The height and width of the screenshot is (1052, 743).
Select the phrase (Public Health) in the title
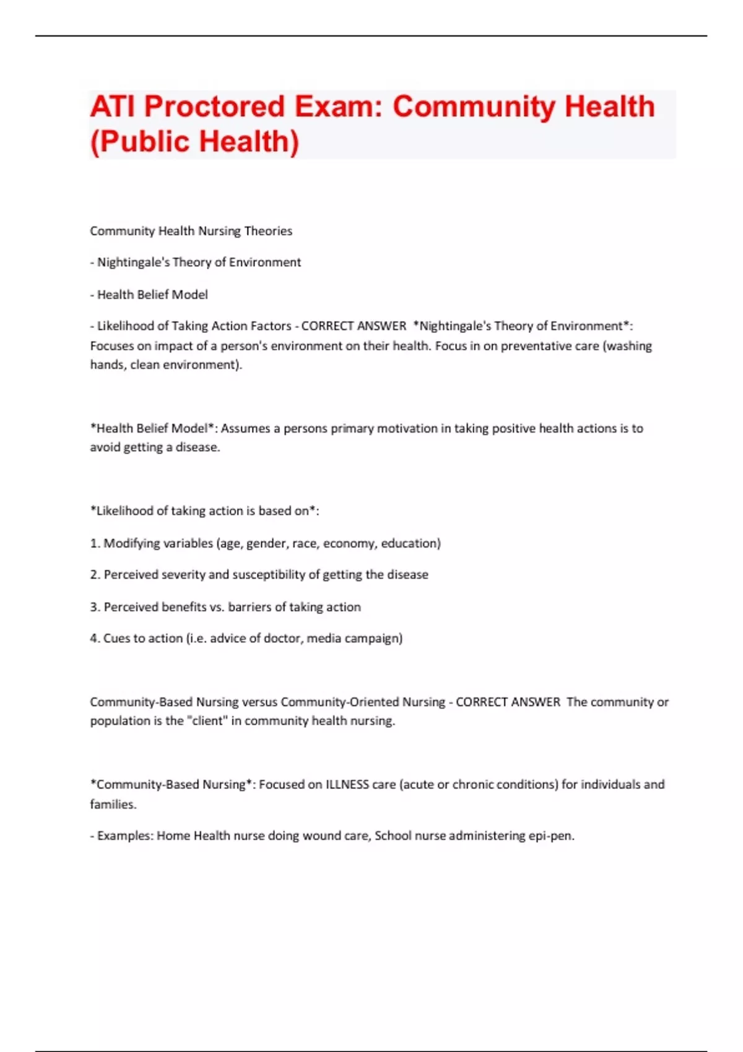[x=194, y=141]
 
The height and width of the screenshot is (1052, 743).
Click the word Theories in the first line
[x=268, y=231]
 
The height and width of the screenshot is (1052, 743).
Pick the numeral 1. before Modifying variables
[x=95, y=543]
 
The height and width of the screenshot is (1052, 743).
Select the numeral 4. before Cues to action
[x=95, y=638]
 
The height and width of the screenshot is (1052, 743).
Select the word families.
[x=113, y=804]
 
